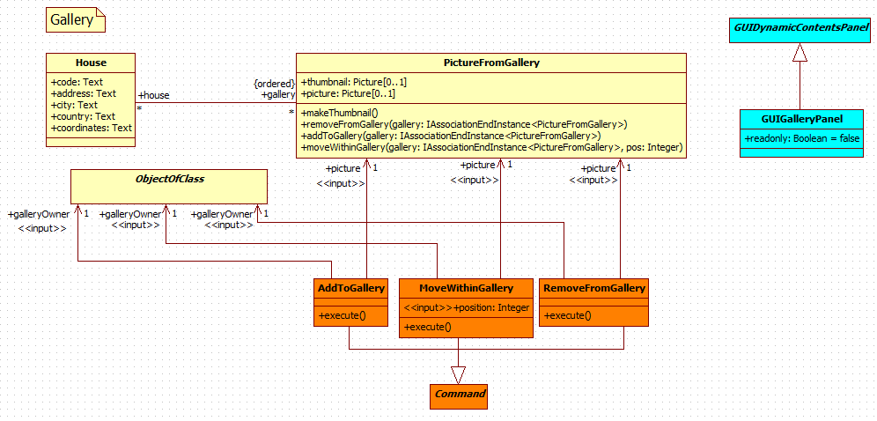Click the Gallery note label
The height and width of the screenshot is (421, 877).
point(71,19)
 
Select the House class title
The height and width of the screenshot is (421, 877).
point(91,63)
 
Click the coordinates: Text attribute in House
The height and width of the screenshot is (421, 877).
point(92,128)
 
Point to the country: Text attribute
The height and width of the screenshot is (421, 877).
point(84,116)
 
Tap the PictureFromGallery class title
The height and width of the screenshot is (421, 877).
point(491,63)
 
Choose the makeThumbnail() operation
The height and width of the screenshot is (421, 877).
point(339,113)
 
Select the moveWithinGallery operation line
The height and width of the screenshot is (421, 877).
point(491,147)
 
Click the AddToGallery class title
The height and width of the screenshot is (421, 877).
point(350,288)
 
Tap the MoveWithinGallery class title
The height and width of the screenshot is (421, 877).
point(466,288)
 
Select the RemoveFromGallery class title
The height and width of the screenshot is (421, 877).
point(594,288)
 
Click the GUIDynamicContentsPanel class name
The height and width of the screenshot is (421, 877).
point(800,29)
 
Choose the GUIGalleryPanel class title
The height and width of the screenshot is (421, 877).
point(800,119)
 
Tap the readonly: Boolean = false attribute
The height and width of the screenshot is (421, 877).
point(800,138)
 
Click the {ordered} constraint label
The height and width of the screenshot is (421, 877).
point(274,83)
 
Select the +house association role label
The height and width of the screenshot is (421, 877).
point(154,95)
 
